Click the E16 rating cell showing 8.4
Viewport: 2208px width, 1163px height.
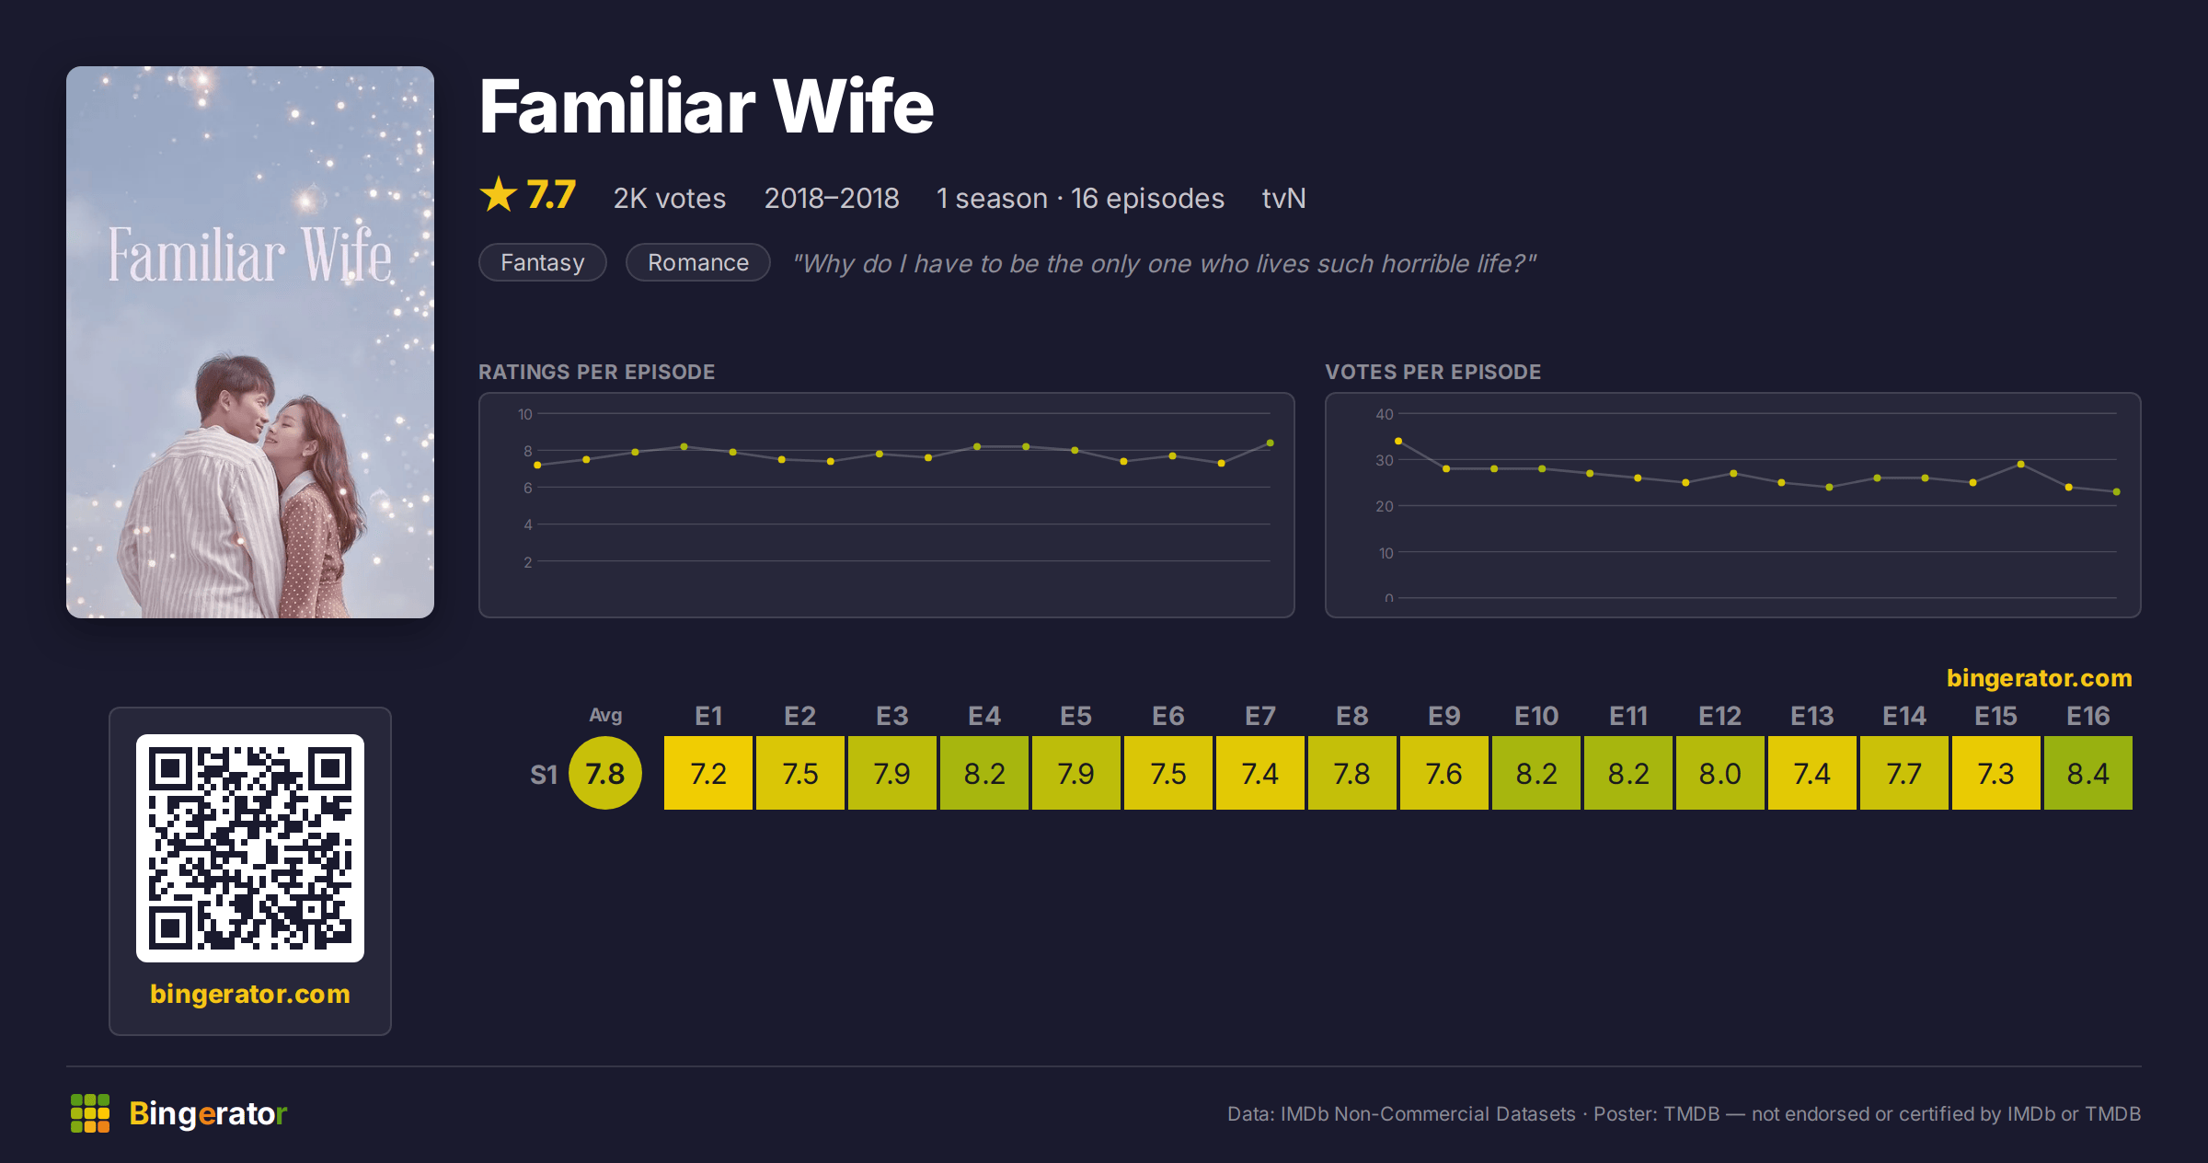(x=2087, y=773)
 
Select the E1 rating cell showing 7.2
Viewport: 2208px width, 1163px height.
(x=708, y=773)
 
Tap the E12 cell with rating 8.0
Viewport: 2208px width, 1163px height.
(x=1720, y=773)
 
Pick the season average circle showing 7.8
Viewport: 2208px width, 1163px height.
(x=605, y=773)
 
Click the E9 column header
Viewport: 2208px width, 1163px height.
(x=1444, y=716)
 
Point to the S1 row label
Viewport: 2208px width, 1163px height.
(x=544, y=775)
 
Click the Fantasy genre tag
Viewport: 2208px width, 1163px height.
(x=543, y=262)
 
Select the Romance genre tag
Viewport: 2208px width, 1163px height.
(x=698, y=262)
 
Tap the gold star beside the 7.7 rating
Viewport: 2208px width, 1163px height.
(x=499, y=194)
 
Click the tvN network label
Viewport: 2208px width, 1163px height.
(x=1283, y=198)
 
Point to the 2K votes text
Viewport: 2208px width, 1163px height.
(x=670, y=198)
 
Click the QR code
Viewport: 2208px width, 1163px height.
(x=250, y=848)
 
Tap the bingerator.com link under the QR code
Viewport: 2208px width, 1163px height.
(x=250, y=994)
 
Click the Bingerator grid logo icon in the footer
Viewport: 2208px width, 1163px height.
(x=90, y=1113)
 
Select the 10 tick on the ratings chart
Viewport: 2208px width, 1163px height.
(x=524, y=414)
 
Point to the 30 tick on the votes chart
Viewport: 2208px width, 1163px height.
(x=1385, y=460)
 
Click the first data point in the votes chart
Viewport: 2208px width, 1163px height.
(x=1398, y=442)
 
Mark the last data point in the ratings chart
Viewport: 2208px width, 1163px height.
(x=1270, y=443)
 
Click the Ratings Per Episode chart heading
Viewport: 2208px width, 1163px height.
(x=596, y=372)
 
